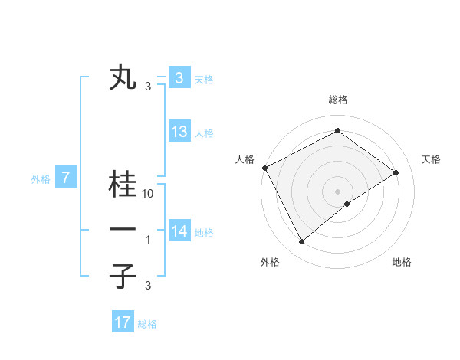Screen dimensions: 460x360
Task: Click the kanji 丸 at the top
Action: pyautogui.click(x=123, y=78)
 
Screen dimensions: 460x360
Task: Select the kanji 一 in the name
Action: pyautogui.click(x=123, y=231)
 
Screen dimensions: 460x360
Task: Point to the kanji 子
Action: pyautogui.click(x=123, y=276)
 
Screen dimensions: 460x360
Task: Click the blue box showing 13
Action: pyautogui.click(x=179, y=132)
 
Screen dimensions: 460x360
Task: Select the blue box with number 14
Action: pyautogui.click(x=179, y=231)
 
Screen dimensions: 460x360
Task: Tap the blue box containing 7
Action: pyautogui.click(x=67, y=178)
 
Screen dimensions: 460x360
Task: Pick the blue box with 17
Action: pyautogui.click(x=123, y=322)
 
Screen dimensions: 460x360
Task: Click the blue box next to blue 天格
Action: pyautogui.click(x=179, y=78)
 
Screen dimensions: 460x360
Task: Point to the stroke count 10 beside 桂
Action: pyautogui.click(x=149, y=194)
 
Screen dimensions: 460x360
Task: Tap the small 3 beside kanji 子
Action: pyautogui.click(x=148, y=286)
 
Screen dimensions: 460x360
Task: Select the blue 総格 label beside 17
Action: pyautogui.click(x=147, y=324)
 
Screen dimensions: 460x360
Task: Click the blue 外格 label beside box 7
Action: pyautogui.click(x=41, y=179)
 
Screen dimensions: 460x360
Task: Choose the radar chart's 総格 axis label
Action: pyautogui.click(x=338, y=100)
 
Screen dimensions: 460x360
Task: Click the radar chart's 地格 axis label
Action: pyautogui.click(x=402, y=262)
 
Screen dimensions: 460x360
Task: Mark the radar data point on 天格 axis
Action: pyautogui.click(x=396, y=172)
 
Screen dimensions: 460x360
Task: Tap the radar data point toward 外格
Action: pyautogui.click(x=302, y=242)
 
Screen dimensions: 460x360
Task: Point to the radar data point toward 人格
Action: pyautogui.click(x=264, y=168)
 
